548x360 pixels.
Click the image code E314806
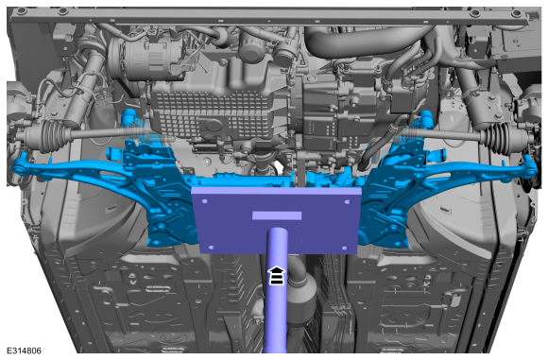(x=24, y=351)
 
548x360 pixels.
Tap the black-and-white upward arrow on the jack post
(x=277, y=275)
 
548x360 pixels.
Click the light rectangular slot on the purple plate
(x=277, y=215)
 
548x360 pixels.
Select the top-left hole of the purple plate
(x=205, y=201)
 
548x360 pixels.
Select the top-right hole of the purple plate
(x=348, y=202)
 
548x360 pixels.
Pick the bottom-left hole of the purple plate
(x=211, y=248)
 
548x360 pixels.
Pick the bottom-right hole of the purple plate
(x=345, y=249)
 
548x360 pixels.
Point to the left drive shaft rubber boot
(x=52, y=136)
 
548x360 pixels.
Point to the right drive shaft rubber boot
(x=498, y=138)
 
